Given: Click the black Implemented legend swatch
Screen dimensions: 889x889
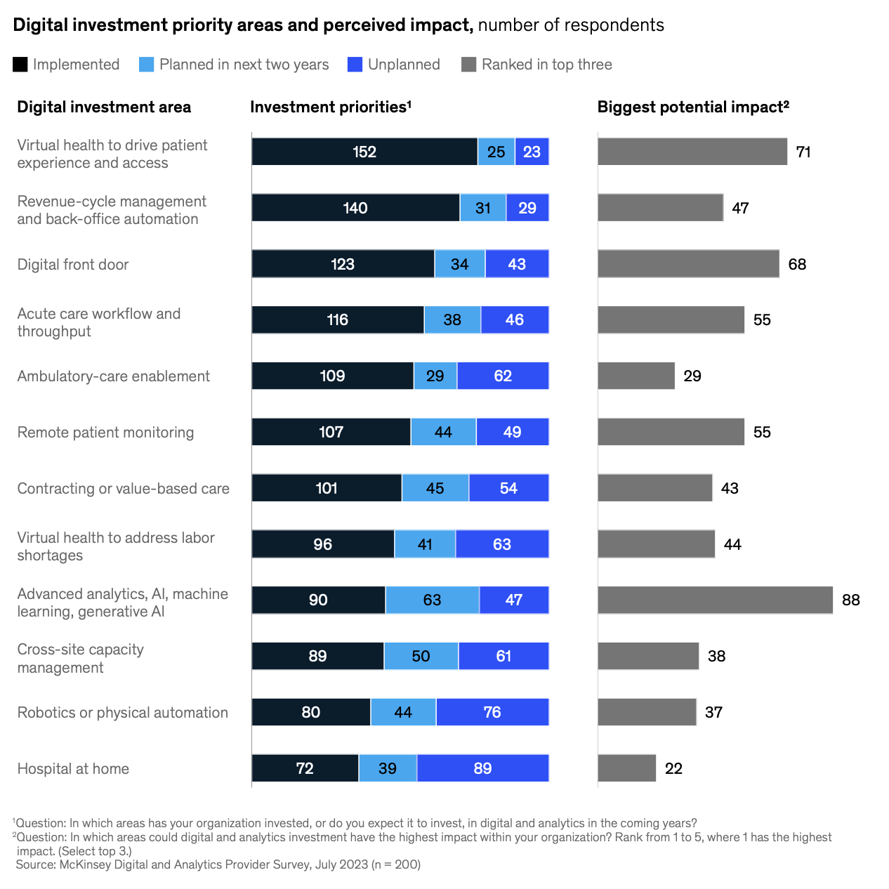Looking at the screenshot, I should pos(20,65).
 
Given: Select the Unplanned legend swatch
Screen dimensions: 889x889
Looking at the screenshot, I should pos(355,65).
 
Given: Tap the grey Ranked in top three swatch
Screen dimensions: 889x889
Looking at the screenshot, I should pos(469,65).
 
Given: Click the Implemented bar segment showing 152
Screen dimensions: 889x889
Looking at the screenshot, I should pos(364,152).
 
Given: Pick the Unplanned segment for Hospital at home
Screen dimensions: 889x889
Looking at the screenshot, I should pos(482,768).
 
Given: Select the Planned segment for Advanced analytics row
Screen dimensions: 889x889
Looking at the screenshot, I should pos(432,600).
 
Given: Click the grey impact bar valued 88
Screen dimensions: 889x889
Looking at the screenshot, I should pos(715,600).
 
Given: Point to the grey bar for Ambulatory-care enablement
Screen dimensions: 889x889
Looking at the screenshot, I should pos(636,376).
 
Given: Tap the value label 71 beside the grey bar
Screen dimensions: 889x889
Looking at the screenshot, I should pos(803,152).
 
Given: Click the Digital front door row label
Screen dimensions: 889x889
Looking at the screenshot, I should pos(73,265).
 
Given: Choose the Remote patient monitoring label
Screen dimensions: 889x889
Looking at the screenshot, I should pos(105,433).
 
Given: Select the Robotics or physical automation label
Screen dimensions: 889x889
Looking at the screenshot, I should pos(123,713).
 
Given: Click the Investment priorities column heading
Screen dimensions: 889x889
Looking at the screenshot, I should pos(330,107).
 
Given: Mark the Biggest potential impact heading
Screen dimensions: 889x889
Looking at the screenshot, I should pos(693,107).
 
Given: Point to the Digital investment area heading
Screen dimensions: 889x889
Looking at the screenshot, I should pos(104,107).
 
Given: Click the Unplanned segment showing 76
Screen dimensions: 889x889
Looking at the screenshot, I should pos(492,712).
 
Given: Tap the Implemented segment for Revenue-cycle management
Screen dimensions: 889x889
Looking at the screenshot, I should pos(355,208).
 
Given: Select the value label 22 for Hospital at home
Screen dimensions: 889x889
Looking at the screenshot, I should pos(673,768).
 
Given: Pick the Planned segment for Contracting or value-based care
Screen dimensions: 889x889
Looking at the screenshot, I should pos(435,488).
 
